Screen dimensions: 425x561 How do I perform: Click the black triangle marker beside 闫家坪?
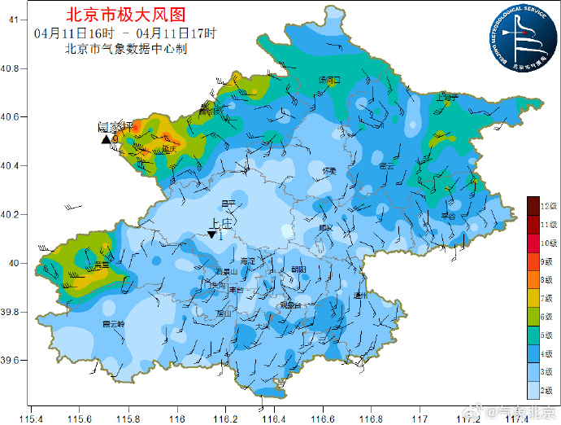[106, 140]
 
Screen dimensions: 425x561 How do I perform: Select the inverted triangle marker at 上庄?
[211, 234]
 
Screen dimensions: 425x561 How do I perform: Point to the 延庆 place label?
[169, 149]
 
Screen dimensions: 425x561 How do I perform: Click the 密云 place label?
[386, 165]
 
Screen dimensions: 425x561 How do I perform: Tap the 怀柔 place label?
[329, 170]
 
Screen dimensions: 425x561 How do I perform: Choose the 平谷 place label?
[448, 216]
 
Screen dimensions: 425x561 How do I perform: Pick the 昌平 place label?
[229, 203]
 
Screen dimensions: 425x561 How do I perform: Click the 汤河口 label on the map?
[331, 80]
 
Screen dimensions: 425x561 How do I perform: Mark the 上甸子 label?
[448, 97]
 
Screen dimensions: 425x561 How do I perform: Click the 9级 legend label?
[549, 262]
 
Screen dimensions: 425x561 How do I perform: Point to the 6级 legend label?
[549, 317]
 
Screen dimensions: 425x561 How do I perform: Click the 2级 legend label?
[549, 388]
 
